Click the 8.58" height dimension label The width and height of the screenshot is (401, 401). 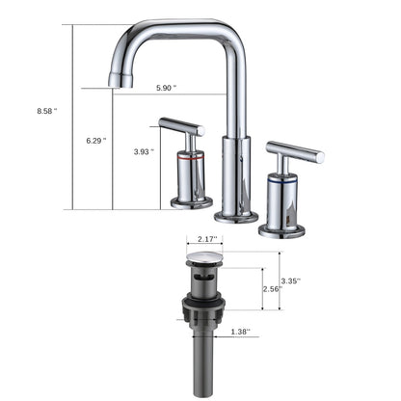click(44, 111)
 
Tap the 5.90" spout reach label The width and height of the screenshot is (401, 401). click(167, 88)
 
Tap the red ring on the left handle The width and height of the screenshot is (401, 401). click(193, 153)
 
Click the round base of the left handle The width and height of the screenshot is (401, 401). click(192, 201)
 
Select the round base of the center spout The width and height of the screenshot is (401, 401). click(235, 215)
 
